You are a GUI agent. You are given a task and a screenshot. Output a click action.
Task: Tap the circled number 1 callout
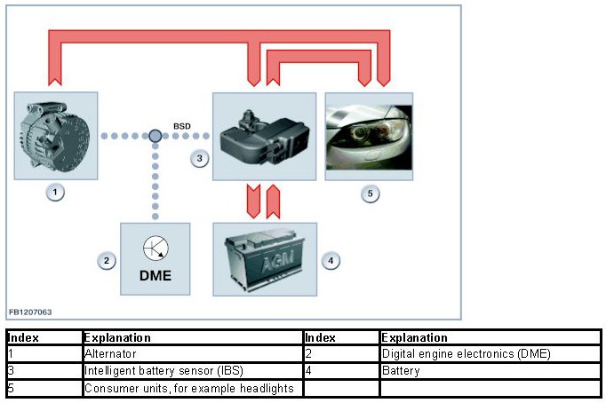[x=56, y=192]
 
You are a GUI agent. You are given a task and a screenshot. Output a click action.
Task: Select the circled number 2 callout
[x=107, y=261]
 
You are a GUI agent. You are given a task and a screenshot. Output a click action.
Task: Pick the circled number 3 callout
[x=200, y=159]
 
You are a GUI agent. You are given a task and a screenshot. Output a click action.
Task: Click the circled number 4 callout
[x=331, y=261]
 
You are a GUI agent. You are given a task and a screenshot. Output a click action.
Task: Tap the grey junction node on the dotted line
[x=155, y=136]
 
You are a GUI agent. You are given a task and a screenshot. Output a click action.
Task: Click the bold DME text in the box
[x=155, y=275]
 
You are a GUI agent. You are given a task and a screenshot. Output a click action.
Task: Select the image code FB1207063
[x=30, y=312]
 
